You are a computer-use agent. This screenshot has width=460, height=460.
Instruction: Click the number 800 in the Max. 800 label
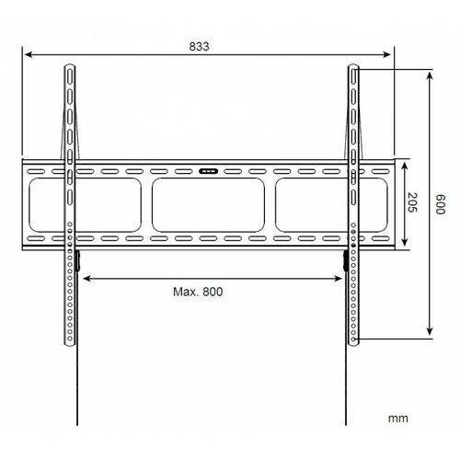[x=214, y=292]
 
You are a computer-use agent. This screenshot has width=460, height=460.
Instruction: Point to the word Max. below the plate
[x=183, y=292]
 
